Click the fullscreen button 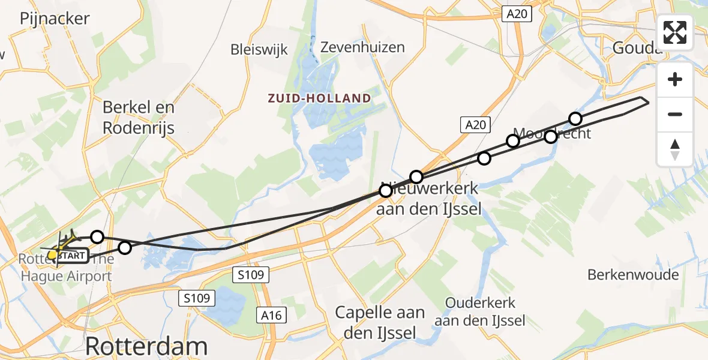tap(675, 32)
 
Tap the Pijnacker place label tap(55, 19)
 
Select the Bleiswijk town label tap(259, 49)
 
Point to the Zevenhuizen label tap(362, 47)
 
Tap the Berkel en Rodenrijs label tap(139, 117)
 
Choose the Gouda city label tap(637, 48)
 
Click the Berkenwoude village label tap(633, 275)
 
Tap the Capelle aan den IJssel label tap(380, 322)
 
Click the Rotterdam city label tap(146, 346)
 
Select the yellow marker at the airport tap(53, 255)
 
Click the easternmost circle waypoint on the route tap(575, 118)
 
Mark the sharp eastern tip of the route tap(649, 103)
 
